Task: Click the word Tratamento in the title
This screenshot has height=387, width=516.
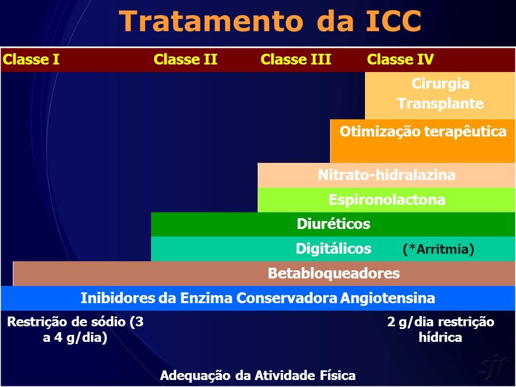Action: [x=211, y=21]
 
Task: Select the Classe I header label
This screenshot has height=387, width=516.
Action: [x=31, y=60]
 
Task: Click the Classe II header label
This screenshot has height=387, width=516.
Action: [x=185, y=60]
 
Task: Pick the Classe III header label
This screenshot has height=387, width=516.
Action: [x=296, y=60]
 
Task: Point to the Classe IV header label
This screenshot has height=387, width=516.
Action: [x=400, y=60]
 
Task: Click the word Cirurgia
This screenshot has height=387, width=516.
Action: [x=440, y=84]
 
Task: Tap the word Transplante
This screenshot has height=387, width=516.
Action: [x=440, y=103]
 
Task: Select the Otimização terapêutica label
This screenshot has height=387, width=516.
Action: [x=423, y=132]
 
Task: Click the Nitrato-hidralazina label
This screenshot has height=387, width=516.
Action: [x=386, y=175]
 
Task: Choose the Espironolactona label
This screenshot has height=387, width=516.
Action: [x=386, y=200]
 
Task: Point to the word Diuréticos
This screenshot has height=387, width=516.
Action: [x=333, y=224]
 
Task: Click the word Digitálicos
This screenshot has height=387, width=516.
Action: [x=333, y=249]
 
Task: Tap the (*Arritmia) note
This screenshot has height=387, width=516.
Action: [x=439, y=249]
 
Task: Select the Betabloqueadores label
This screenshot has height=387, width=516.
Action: [x=334, y=274]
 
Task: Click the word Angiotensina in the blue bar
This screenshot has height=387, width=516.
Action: [x=388, y=298]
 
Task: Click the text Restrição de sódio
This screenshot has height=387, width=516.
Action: [x=66, y=322]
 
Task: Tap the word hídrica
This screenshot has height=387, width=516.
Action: [x=440, y=338]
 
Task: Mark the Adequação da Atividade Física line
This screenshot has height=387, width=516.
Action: [x=257, y=376]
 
